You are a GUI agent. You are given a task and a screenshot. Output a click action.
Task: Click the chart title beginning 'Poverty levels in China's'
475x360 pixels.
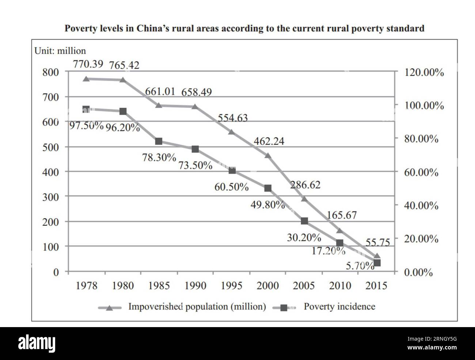(244, 29)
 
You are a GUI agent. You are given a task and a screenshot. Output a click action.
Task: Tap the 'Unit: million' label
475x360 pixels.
(60, 51)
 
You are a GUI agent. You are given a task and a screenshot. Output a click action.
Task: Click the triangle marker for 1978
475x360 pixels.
(86, 79)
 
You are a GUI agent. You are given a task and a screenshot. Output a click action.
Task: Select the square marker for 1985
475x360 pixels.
(159, 141)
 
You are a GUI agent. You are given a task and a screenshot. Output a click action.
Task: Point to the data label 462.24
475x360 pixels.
(269, 141)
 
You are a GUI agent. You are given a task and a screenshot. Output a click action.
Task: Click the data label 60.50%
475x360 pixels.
(232, 187)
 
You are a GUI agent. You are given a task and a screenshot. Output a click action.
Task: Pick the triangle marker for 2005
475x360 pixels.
(304, 199)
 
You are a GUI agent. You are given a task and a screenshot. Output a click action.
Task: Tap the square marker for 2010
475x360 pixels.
(340, 243)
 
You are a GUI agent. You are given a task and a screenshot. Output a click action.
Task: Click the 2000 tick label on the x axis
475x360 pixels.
(267, 285)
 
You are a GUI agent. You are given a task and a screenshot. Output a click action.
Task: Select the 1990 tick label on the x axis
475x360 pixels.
(195, 285)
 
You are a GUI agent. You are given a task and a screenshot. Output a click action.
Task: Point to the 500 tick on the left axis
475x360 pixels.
(52, 147)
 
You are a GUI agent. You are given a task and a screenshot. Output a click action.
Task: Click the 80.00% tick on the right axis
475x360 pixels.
(421, 139)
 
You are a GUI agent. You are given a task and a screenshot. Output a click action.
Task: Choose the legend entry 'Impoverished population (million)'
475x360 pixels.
(197, 307)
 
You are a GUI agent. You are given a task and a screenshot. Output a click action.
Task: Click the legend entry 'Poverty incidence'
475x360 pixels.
(339, 307)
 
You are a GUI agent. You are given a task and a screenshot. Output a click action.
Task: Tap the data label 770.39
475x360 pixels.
(88, 65)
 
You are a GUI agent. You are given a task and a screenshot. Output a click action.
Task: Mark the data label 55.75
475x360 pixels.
(378, 242)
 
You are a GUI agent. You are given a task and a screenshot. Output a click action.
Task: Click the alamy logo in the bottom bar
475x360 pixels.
(37, 344)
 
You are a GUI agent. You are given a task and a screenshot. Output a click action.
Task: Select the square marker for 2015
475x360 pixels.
(377, 263)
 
